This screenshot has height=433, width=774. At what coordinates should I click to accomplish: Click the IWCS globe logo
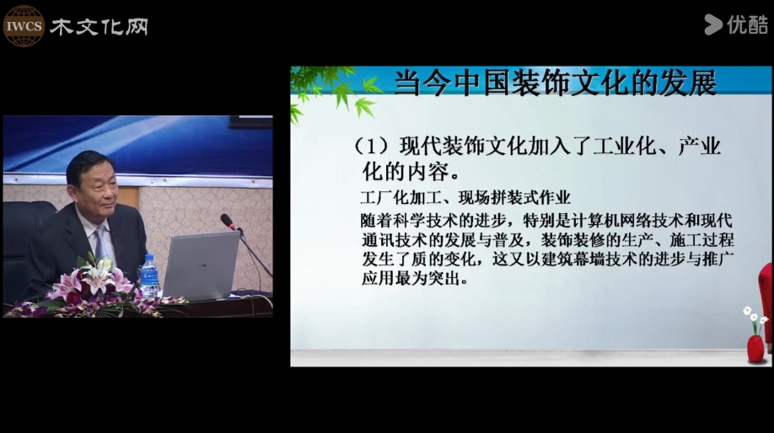pos(24,26)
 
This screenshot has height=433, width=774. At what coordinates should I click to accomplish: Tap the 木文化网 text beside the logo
pos(99,27)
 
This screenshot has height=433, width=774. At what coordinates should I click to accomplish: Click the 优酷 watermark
pos(736,24)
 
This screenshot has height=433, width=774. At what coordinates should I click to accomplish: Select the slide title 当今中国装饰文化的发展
pos(555,83)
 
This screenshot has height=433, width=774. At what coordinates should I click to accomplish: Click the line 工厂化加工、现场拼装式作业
pos(465,198)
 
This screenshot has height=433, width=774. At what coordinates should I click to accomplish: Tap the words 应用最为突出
pos(415,279)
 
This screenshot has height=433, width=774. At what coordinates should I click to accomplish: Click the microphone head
pos(228,221)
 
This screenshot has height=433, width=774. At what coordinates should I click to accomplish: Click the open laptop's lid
pos(202,265)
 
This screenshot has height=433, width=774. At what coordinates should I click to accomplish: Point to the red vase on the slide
pos(755,348)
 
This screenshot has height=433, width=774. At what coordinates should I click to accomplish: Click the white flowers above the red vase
pos(755,316)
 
